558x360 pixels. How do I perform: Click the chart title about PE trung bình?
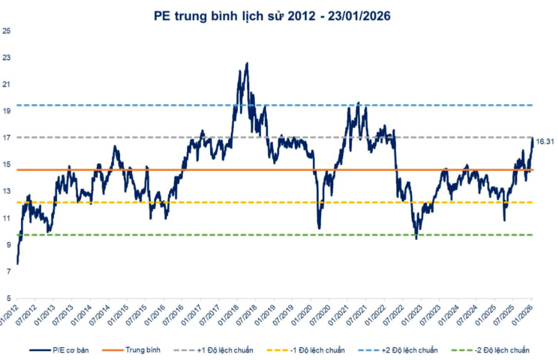pos(272,16)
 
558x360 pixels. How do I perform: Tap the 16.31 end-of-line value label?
pos(545,142)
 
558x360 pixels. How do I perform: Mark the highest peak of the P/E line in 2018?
pos(247,63)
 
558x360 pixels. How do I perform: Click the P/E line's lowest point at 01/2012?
pos(18,263)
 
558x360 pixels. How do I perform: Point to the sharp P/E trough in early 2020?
pos(319,228)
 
